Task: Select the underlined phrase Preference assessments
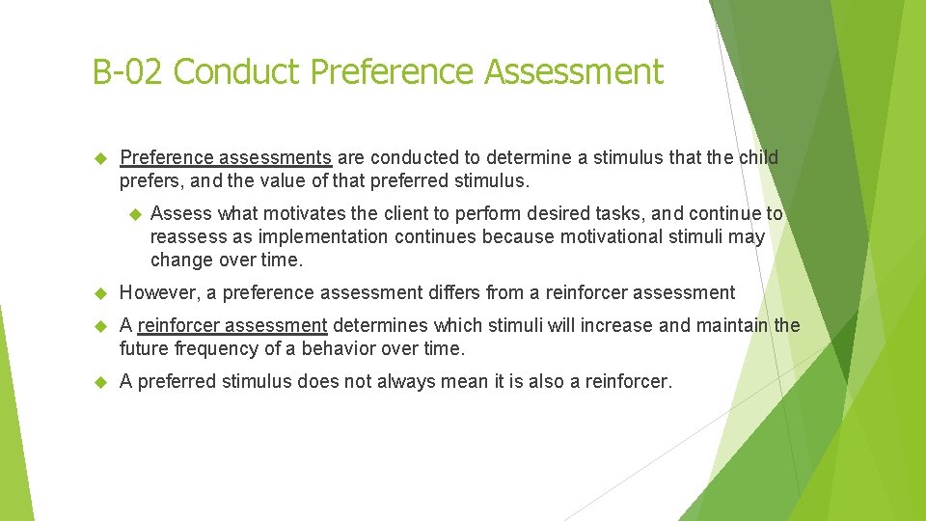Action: pyautogui.click(x=226, y=157)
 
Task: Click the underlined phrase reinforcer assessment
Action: pyautogui.click(x=232, y=325)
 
